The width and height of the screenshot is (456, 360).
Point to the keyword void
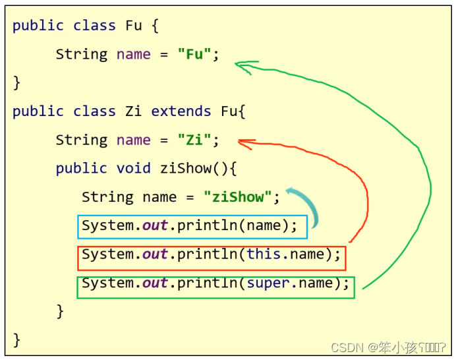coord(134,168)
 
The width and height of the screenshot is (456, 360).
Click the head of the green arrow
coord(240,65)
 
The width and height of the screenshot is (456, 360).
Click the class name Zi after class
coord(134,111)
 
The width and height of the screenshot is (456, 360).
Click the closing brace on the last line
coord(16,340)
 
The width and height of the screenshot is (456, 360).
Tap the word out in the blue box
coord(156,225)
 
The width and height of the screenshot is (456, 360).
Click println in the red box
coord(208,254)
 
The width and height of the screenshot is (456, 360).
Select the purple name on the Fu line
coord(134,54)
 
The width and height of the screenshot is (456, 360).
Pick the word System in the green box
coord(107,283)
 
